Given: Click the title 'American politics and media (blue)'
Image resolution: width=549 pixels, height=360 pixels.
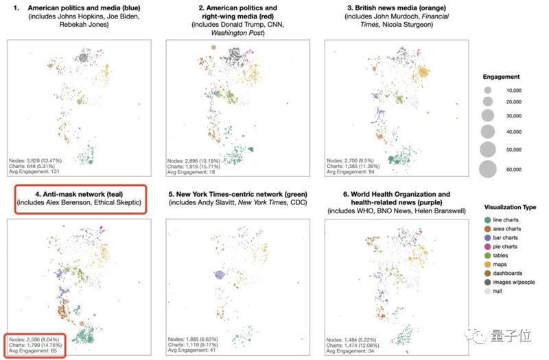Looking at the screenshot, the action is coord(84,8).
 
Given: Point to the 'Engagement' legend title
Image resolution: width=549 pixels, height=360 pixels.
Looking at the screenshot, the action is coord(501,77).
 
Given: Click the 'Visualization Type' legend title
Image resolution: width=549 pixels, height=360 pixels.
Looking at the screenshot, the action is coord(510,207).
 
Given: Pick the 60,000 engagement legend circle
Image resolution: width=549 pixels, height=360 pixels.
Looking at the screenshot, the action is coord(488,169).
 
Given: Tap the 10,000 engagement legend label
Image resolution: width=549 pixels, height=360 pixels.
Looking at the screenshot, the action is coord(513,91).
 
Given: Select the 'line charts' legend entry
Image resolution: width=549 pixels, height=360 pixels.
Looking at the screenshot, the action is coord(502,219).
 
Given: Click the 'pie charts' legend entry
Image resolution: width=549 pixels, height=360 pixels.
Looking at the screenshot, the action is coord(501,246).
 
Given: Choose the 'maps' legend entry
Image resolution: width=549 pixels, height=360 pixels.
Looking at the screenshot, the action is coord(495,264).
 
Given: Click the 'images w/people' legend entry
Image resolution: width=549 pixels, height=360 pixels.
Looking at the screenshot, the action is coord(509,282).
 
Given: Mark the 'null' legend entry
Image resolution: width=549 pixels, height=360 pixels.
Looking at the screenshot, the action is coord(493,291).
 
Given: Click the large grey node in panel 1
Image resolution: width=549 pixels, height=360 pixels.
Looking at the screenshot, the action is coord(83,58).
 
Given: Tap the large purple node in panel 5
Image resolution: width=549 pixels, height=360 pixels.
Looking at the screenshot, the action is coord(219,275).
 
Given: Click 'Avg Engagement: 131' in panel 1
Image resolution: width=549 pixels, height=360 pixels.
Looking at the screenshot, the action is coord(34,171).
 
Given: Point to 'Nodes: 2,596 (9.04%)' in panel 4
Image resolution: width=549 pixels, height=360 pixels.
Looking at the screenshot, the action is coord(34,339).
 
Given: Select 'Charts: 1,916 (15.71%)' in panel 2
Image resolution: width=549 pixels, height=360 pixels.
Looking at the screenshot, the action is coord(194,167).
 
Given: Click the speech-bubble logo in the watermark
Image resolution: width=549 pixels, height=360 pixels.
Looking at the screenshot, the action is coord(476,336).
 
